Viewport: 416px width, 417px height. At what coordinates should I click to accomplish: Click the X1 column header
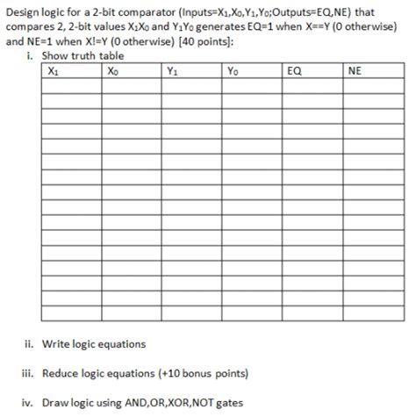54,72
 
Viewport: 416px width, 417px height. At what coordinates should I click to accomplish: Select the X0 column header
111,72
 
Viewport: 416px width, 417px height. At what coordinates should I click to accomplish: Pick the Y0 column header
231,72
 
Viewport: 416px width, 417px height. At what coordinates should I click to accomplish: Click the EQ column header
294,72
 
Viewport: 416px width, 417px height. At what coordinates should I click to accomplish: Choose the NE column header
354,72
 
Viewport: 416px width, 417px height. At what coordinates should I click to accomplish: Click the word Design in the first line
24,11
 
